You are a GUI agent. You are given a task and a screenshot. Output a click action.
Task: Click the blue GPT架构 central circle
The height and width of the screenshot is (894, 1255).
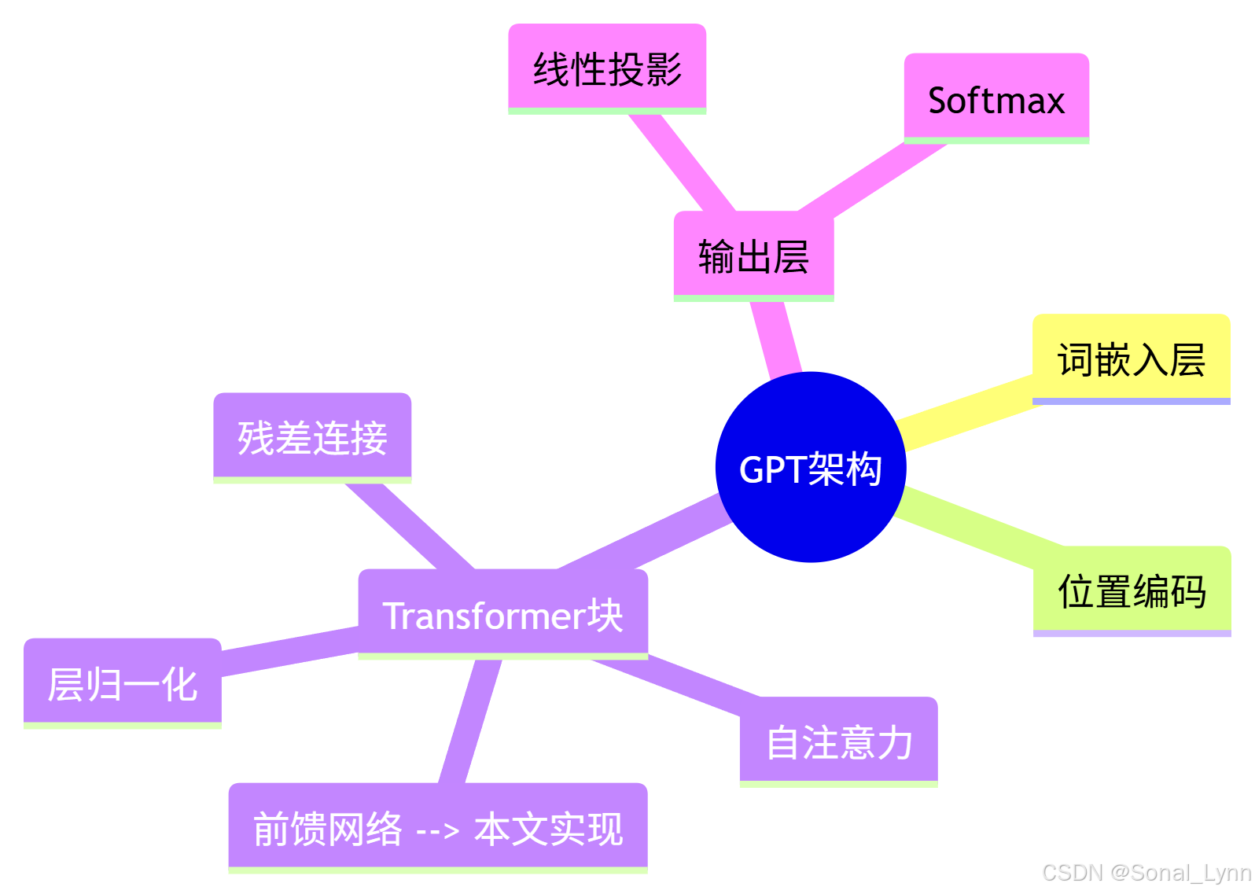tap(811, 467)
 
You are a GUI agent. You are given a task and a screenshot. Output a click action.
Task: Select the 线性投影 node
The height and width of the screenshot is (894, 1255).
tap(607, 68)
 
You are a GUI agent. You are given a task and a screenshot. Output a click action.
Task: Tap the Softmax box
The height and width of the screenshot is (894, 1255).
tap(996, 99)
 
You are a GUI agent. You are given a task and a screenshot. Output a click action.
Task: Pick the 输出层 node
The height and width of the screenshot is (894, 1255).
tap(753, 256)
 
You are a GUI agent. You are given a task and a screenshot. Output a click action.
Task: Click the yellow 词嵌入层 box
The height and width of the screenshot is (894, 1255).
tap(1131, 359)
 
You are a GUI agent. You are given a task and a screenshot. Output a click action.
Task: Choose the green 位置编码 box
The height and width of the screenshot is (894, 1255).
tap(1132, 591)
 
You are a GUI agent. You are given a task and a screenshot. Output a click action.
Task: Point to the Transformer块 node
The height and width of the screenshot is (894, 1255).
tap(502, 614)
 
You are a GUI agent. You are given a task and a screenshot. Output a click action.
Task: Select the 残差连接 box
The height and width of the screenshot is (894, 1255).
tap(312, 437)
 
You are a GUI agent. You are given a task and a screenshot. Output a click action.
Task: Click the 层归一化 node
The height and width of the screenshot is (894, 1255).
tap(123, 683)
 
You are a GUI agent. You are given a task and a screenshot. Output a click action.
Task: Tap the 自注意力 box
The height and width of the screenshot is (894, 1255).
tap(839, 741)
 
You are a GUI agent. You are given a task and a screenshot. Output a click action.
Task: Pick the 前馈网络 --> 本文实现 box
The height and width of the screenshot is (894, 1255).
tap(438, 828)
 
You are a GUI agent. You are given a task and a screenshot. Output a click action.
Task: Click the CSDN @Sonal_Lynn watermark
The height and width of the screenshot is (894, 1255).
tap(1146, 873)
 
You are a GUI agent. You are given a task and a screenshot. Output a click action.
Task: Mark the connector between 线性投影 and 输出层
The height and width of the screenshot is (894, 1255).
tap(682, 162)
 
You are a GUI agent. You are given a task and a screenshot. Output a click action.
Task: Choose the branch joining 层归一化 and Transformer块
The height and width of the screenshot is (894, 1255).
tap(289, 650)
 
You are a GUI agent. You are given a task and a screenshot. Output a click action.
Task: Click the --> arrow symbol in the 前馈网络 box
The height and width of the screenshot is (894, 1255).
tap(437, 830)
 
